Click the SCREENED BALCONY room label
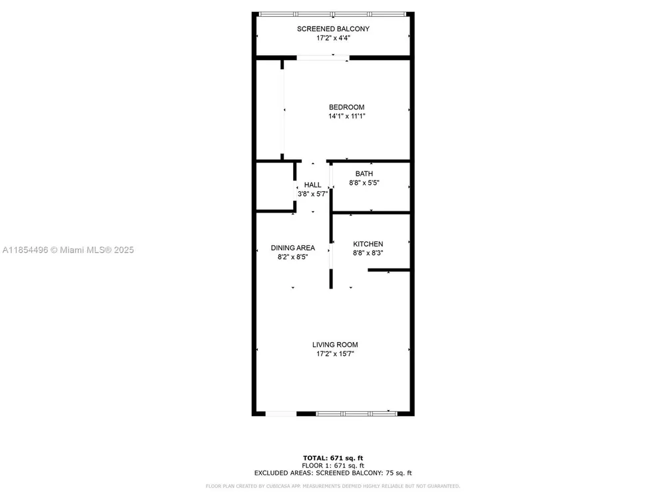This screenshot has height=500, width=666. pyautogui.click(x=333, y=29)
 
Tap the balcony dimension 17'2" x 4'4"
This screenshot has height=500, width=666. pyautogui.click(x=333, y=38)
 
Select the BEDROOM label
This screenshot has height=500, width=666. pyautogui.click(x=346, y=107)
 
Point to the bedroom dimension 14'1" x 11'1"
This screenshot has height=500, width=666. pyautogui.click(x=346, y=116)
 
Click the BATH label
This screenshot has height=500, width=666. pyautogui.click(x=364, y=173)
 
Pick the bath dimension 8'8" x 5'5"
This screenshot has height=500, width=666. pyautogui.click(x=364, y=183)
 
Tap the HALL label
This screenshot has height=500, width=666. pyautogui.click(x=312, y=185)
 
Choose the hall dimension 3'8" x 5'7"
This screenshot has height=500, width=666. pyautogui.click(x=312, y=194)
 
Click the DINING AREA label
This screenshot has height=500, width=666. pyautogui.click(x=293, y=248)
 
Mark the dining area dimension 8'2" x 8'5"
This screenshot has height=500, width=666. pyautogui.click(x=293, y=257)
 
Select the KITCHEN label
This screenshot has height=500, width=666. pyautogui.click(x=368, y=244)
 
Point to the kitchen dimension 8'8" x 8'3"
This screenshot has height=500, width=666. pyautogui.click(x=368, y=253)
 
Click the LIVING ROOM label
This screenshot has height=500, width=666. pyautogui.click(x=335, y=345)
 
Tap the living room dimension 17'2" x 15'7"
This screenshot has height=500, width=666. pyautogui.click(x=335, y=354)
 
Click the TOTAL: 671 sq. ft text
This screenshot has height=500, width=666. pyautogui.click(x=333, y=458)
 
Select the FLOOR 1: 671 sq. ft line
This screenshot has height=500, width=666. pyautogui.click(x=333, y=465)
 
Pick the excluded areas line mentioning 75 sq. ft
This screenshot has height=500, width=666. pyautogui.click(x=333, y=473)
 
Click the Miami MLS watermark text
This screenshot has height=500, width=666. pyautogui.click(x=68, y=250)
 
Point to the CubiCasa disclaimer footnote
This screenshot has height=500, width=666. pyautogui.click(x=333, y=486)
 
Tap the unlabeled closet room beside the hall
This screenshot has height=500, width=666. pyautogui.click(x=275, y=186)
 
